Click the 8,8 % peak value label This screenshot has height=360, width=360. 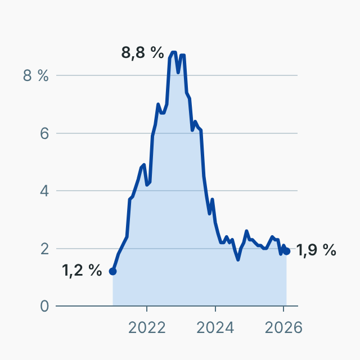click(x=142, y=53)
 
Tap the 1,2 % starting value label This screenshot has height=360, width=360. click(x=82, y=271)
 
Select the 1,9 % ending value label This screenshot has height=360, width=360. click(x=316, y=250)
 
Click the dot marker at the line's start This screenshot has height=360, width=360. click(x=112, y=271)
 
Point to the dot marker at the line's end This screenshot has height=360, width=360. click(x=286, y=251)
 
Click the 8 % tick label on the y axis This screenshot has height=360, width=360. click(x=35, y=76)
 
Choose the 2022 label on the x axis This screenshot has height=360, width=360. click(x=147, y=327)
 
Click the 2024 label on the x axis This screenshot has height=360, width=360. click(x=215, y=327)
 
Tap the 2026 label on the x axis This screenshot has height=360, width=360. click(x=283, y=327)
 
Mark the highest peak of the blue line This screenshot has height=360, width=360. click(x=173, y=52)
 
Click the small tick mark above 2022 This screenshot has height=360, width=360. click(x=147, y=309)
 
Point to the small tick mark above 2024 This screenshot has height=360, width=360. click(x=215, y=309)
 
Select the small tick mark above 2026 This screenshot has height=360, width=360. click(x=283, y=309)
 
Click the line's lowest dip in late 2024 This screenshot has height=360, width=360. click(x=238, y=259)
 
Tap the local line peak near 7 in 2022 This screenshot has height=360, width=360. click(x=159, y=104)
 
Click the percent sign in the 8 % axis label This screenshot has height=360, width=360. click(x=43, y=76)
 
